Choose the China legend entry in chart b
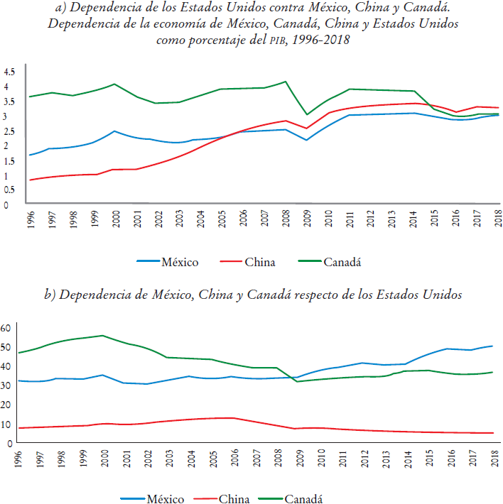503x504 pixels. pos(234,499)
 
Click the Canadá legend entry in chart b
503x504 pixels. pos(303,499)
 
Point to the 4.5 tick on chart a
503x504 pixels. pos(9,72)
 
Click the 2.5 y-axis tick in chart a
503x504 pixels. pos(9,131)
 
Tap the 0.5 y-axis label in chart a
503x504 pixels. pos(9,190)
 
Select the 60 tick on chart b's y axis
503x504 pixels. pos(7,328)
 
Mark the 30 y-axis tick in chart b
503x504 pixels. pos(7,385)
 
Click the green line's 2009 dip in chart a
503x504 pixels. pos(306,114)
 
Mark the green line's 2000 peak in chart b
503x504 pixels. pos(102,336)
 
